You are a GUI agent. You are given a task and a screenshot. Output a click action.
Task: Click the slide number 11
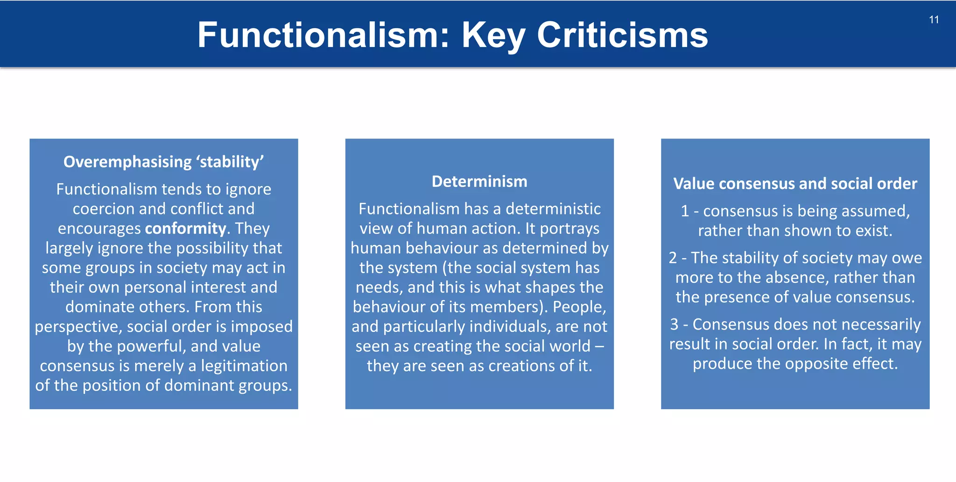click(x=934, y=20)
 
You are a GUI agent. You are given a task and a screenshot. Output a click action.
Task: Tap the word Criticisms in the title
click(x=622, y=35)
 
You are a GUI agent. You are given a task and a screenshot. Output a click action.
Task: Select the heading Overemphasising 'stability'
click(x=164, y=162)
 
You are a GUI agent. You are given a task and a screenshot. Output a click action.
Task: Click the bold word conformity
click(x=186, y=228)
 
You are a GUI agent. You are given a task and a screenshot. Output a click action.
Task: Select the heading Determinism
click(x=479, y=181)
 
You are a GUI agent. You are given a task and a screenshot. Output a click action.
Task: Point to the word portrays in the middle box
click(x=569, y=228)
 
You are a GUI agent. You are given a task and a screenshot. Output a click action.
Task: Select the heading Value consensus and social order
click(x=795, y=184)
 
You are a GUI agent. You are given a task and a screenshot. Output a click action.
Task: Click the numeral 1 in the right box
click(x=685, y=211)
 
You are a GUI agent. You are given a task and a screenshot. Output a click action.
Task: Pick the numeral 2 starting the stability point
click(x=673, y=258)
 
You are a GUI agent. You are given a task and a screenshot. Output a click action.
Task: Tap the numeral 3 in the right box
click(x=674, y=324)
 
